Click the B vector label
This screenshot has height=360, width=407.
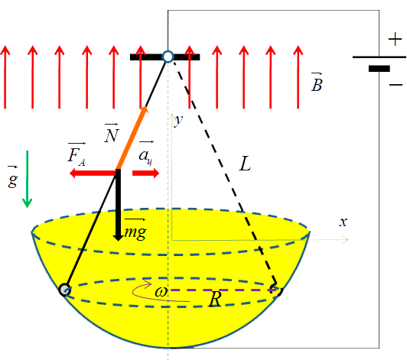pyautogui.click(x=317, y=82)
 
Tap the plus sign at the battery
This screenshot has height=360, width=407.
pyautogui.click(x=395, y=40)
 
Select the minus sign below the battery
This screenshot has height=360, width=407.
pyautogui.click(x=396, y=85)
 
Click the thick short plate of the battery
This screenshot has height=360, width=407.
pyautogui.click(x=379, y=69)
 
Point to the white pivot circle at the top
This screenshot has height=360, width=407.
pyautogui.click(x=168, y=57)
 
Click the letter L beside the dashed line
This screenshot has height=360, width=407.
pyautogui.click(x=245, y=164)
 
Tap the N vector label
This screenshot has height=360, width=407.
pyautogui.click(x=112, y=132)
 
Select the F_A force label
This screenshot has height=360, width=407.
pyautogui.click(x=77, y=154)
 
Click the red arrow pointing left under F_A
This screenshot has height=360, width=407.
pyautogui.click(x=93, y=174)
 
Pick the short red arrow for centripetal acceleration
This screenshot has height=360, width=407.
pyautogui.click(x=145, y=174)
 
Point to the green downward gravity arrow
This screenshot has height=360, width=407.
pyautogui.click(x=28, y=179)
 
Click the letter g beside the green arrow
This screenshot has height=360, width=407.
pyautogui.click(x=13, y=178)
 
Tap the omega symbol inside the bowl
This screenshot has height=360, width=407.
pyautogui.click(x=161, y=292)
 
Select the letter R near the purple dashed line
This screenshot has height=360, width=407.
pyautogui.click(x=215, y=299)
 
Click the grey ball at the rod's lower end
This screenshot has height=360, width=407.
pyautogui.click(x=64, y=290)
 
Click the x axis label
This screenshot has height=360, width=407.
pyautogui.click(x=344, y=222)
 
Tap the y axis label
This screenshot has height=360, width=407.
pyautogui.click(x=178, y=120)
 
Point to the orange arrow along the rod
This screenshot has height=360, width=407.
pyautogui.click(x=132, y=138)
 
